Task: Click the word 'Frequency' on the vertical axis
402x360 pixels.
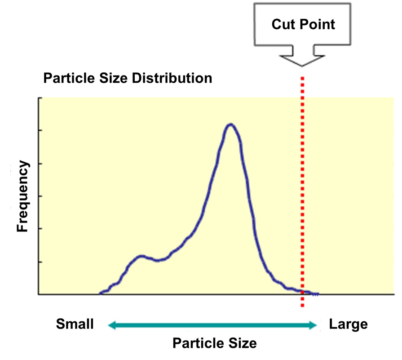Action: [22, 196]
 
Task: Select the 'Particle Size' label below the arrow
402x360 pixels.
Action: [214, 344]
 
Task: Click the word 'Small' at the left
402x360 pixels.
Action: [75, 324]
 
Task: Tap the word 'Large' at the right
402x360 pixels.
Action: [349, 324]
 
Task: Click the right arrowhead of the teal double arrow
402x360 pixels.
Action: [315, 326]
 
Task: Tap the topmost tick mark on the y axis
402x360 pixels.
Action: [40, 98]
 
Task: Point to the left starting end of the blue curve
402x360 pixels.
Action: [100, 293]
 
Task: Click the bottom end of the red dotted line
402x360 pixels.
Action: [302, 307]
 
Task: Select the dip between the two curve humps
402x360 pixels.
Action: [158, 260]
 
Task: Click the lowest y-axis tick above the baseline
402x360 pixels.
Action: [40, 262]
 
